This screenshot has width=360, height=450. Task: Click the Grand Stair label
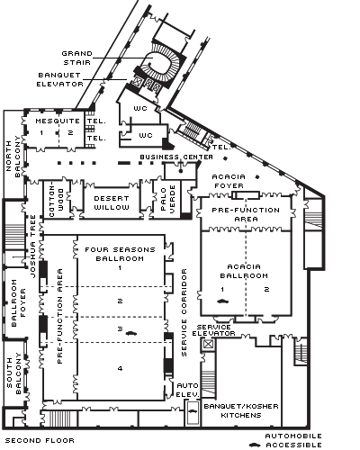point(77,58)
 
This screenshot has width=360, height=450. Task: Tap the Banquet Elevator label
point(59,79)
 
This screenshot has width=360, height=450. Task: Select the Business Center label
point(176,157)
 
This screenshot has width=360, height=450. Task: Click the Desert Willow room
point(112,202)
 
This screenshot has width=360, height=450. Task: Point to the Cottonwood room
point(57,199)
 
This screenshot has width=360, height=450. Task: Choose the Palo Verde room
point(166,199)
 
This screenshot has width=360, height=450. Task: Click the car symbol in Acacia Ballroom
point(222,301)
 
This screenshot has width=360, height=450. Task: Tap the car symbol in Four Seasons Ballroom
point(131,333)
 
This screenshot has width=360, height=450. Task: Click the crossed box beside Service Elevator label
point(208,344)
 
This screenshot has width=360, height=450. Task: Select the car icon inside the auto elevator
point(193,411)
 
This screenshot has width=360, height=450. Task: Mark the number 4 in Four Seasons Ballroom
point(120,368)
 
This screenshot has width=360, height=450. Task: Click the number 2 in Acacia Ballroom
point(266,289)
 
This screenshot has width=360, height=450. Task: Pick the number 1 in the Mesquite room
point(41,132)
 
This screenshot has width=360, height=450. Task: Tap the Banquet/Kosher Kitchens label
point(241,410)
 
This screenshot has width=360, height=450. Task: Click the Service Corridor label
point(184,312)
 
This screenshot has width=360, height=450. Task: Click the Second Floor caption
point(40,440)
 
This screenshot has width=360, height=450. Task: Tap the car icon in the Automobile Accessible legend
point(255,445)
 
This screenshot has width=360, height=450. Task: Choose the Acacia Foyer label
point(229,181)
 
